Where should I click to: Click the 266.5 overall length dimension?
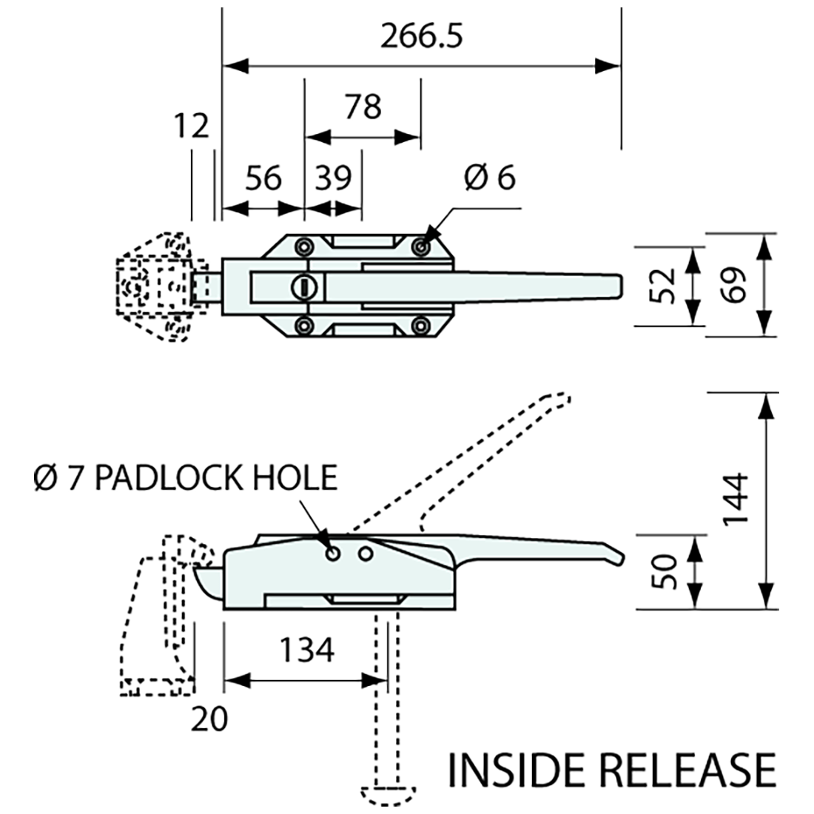421,37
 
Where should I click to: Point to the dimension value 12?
192,126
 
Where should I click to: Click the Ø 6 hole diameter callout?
489,178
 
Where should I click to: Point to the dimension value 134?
306,650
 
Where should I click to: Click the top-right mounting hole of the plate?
421,246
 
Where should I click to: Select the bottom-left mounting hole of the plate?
303,324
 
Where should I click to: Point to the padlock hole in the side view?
333,553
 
